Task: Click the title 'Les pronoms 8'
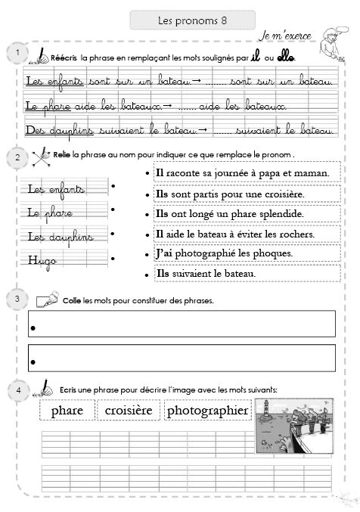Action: [193, 20]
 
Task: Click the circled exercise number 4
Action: [15, 389]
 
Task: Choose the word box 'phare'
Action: [67, 411]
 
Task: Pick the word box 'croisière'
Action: [129, 411]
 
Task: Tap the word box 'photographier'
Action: [207, 411]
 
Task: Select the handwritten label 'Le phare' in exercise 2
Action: [50, 213]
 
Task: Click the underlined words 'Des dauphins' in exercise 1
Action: [51, 131]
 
